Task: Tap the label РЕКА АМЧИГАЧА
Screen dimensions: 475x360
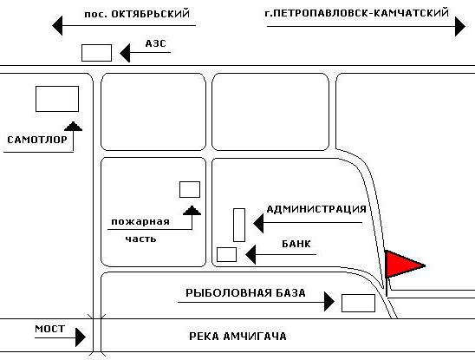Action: pyautogui.click(x=237, y=337)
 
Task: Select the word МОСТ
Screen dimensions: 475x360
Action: pyautogui.click(x=50, y=329)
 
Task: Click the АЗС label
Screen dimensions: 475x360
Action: pyautogui.click(x=156, y=43)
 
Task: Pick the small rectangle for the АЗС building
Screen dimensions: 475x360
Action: pyautogui.click(x=96, y=53)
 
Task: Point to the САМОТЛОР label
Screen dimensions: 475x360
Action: pyautogui.click(x=37, y=140)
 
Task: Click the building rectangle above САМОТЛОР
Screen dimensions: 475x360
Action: pyautogui.click(x=57, y=99)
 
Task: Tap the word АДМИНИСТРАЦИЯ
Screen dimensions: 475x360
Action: pyautogui.click(x=316, y=209)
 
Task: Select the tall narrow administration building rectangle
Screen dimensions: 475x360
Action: pyautogui.click(x=239, y=225)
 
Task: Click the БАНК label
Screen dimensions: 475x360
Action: pyautogui.click(x=296, y=244)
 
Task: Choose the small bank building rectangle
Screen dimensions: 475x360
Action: pyautogui.click(x=226, y=254)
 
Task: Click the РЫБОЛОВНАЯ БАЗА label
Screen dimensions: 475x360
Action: pyautogui.click(x=245, y=293)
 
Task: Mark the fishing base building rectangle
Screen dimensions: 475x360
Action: pyautogui.click(x=358, y=303)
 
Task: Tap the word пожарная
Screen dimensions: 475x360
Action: pyautogui.click(x=140, y=222)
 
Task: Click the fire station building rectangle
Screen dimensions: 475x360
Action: pyautogui.click(x=190, y=190)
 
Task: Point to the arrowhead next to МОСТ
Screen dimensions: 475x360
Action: pyautogui.click(x=81, y=337)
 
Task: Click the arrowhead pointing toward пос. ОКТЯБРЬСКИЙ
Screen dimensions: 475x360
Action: pyautogui.click(x=57, y=25)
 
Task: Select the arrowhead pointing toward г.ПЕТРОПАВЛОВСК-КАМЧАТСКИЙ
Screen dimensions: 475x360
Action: pyautogui.click(x=460, y=27)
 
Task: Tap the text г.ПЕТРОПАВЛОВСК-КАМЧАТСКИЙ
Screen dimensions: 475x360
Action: pyautogui.click(x=357, y=13)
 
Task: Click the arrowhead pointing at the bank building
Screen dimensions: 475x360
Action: pyautogui.click(x=251, y=254)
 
